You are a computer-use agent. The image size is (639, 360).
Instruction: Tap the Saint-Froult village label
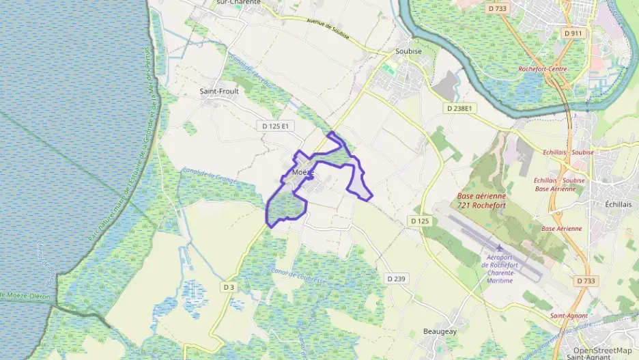coord(218,90)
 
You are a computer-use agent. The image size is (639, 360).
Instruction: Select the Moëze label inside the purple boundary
coord(302,173)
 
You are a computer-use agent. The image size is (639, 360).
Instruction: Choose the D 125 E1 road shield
coord(276,126)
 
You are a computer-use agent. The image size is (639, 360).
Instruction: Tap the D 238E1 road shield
coord(459,108)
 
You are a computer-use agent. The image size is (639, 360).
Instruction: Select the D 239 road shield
coord(396,278)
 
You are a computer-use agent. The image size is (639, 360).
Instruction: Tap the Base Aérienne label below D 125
coord(560,228)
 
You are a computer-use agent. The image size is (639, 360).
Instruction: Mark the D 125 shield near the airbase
coord(420,221)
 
